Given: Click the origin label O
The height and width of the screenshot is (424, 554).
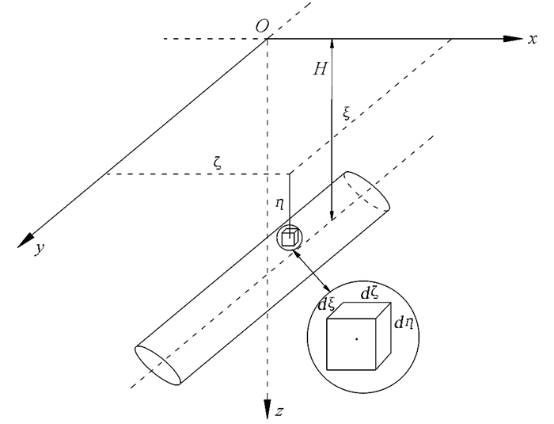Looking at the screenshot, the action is pyautogui.click(x=262, y=26).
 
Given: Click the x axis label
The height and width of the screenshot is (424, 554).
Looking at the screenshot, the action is pyautogui.click(x=533, y=39).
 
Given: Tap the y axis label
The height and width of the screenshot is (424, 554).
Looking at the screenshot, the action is pyautogui.click(x=40, y=248).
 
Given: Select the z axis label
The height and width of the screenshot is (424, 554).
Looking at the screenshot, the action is pyautogui.click(x=279, y=411).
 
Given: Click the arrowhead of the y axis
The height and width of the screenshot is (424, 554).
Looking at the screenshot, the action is pyautogui.click(x=25, y=241).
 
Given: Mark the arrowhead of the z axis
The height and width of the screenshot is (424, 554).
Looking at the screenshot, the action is pyautogui.click(x=268, y=410).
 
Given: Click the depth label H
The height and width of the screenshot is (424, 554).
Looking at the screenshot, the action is pyautogui.click(x=321, y=69).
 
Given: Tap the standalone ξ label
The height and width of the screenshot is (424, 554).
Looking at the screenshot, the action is pyautogui.click(x=347, y=113).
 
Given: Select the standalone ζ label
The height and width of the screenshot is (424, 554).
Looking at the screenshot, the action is pyautogui.click(x=218, y=162).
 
